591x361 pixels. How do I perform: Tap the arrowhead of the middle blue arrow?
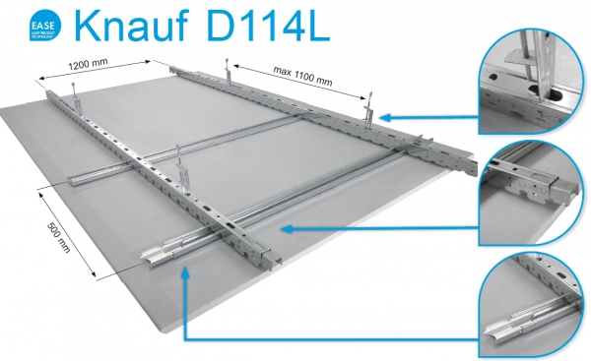[x=285, y=228]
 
